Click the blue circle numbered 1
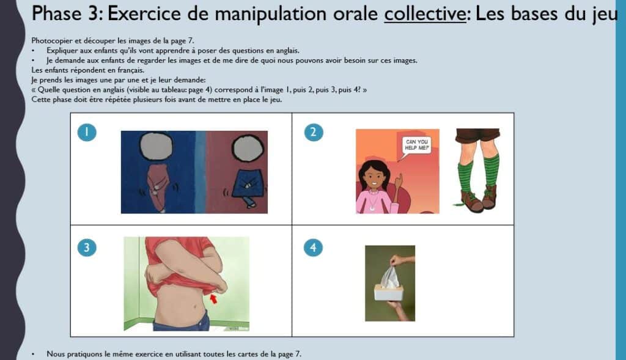(87, 132)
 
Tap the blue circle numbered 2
(314, 132)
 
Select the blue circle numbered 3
(87, 248)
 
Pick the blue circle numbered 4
(314, 248)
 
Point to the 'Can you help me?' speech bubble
(415, 145)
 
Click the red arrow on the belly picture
(213, 298)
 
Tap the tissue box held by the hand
(388, 293)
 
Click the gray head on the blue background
(156, 145)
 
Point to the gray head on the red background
(248, 149)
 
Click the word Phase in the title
(57, 13)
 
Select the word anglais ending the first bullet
(287, 51)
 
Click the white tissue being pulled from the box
(389, 276)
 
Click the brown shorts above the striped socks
(477, 135)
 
